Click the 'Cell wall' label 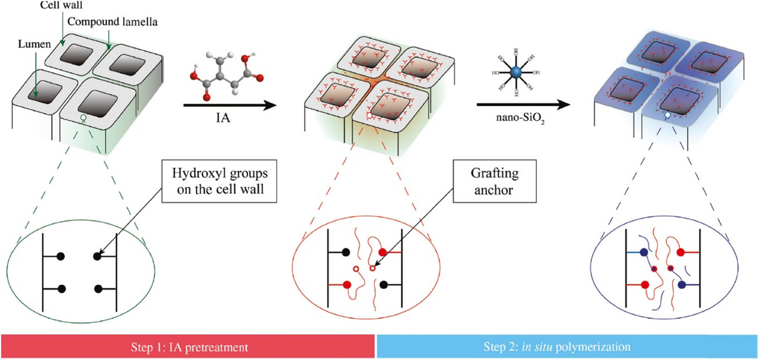pos(61,5)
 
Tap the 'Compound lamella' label pos(112,22)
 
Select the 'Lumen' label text pos(34,44)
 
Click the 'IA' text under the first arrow pos(223,118)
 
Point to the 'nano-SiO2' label pos(520,118)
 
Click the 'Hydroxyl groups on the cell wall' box pos(219,181)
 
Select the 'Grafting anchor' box pos(494,181)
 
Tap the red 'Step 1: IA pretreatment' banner pos(188,347)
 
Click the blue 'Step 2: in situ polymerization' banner pos(567,347)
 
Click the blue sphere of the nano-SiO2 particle pos(515,72)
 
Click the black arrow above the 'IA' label pos(230,105)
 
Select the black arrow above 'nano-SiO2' pos(523,104)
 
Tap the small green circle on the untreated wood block pos(83,118)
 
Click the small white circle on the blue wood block pos(668,114)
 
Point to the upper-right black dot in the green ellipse pos(97,256)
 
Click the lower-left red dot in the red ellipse pos(346,285)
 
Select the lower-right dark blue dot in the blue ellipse pos(682,285)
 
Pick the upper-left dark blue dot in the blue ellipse pos(644,252)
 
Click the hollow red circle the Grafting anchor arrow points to pos(372,268)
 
